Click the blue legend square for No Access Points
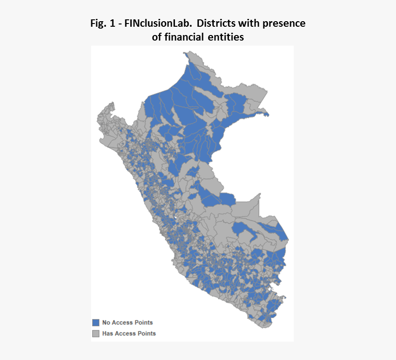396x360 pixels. pos(96,323)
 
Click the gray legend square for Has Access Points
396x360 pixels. pos(96,333)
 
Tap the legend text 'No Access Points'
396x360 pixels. pos(128,323)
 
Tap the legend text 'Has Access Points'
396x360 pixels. pos(129,333)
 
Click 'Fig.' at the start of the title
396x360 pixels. pos(98,24)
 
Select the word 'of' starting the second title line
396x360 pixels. pos(157,37)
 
